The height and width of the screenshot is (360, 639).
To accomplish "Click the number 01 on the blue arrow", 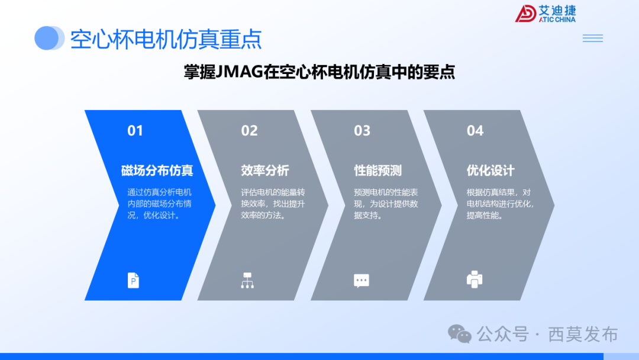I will click(135, 131).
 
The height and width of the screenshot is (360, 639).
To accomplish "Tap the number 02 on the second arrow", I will click(249, 131).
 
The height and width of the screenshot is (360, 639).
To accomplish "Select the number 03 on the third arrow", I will click(362, 131).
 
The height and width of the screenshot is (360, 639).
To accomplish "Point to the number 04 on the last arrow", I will click(475, 131).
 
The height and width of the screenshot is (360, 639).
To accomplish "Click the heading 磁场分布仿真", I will click(157, 171).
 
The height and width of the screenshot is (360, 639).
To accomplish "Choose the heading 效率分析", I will click(265, 171).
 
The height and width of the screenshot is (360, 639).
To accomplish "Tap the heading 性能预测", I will click(378, 171).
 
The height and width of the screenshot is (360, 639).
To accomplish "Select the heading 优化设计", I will click(490, 171).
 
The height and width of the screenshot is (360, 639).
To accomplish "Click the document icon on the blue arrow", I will click(134, 280).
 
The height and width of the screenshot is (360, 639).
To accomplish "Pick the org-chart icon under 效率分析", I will click(247, 280).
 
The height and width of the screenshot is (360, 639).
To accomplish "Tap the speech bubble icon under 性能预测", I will click(361, 281).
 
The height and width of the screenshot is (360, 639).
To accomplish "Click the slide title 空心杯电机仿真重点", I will click(166, 39).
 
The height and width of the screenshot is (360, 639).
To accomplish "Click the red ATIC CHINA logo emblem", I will click(525, 14).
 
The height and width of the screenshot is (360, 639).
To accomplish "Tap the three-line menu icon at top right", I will click(592, 38).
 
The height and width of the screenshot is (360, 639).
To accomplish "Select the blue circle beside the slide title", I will click(49, 38).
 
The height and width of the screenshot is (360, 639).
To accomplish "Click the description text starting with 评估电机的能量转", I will click(273, 204).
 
